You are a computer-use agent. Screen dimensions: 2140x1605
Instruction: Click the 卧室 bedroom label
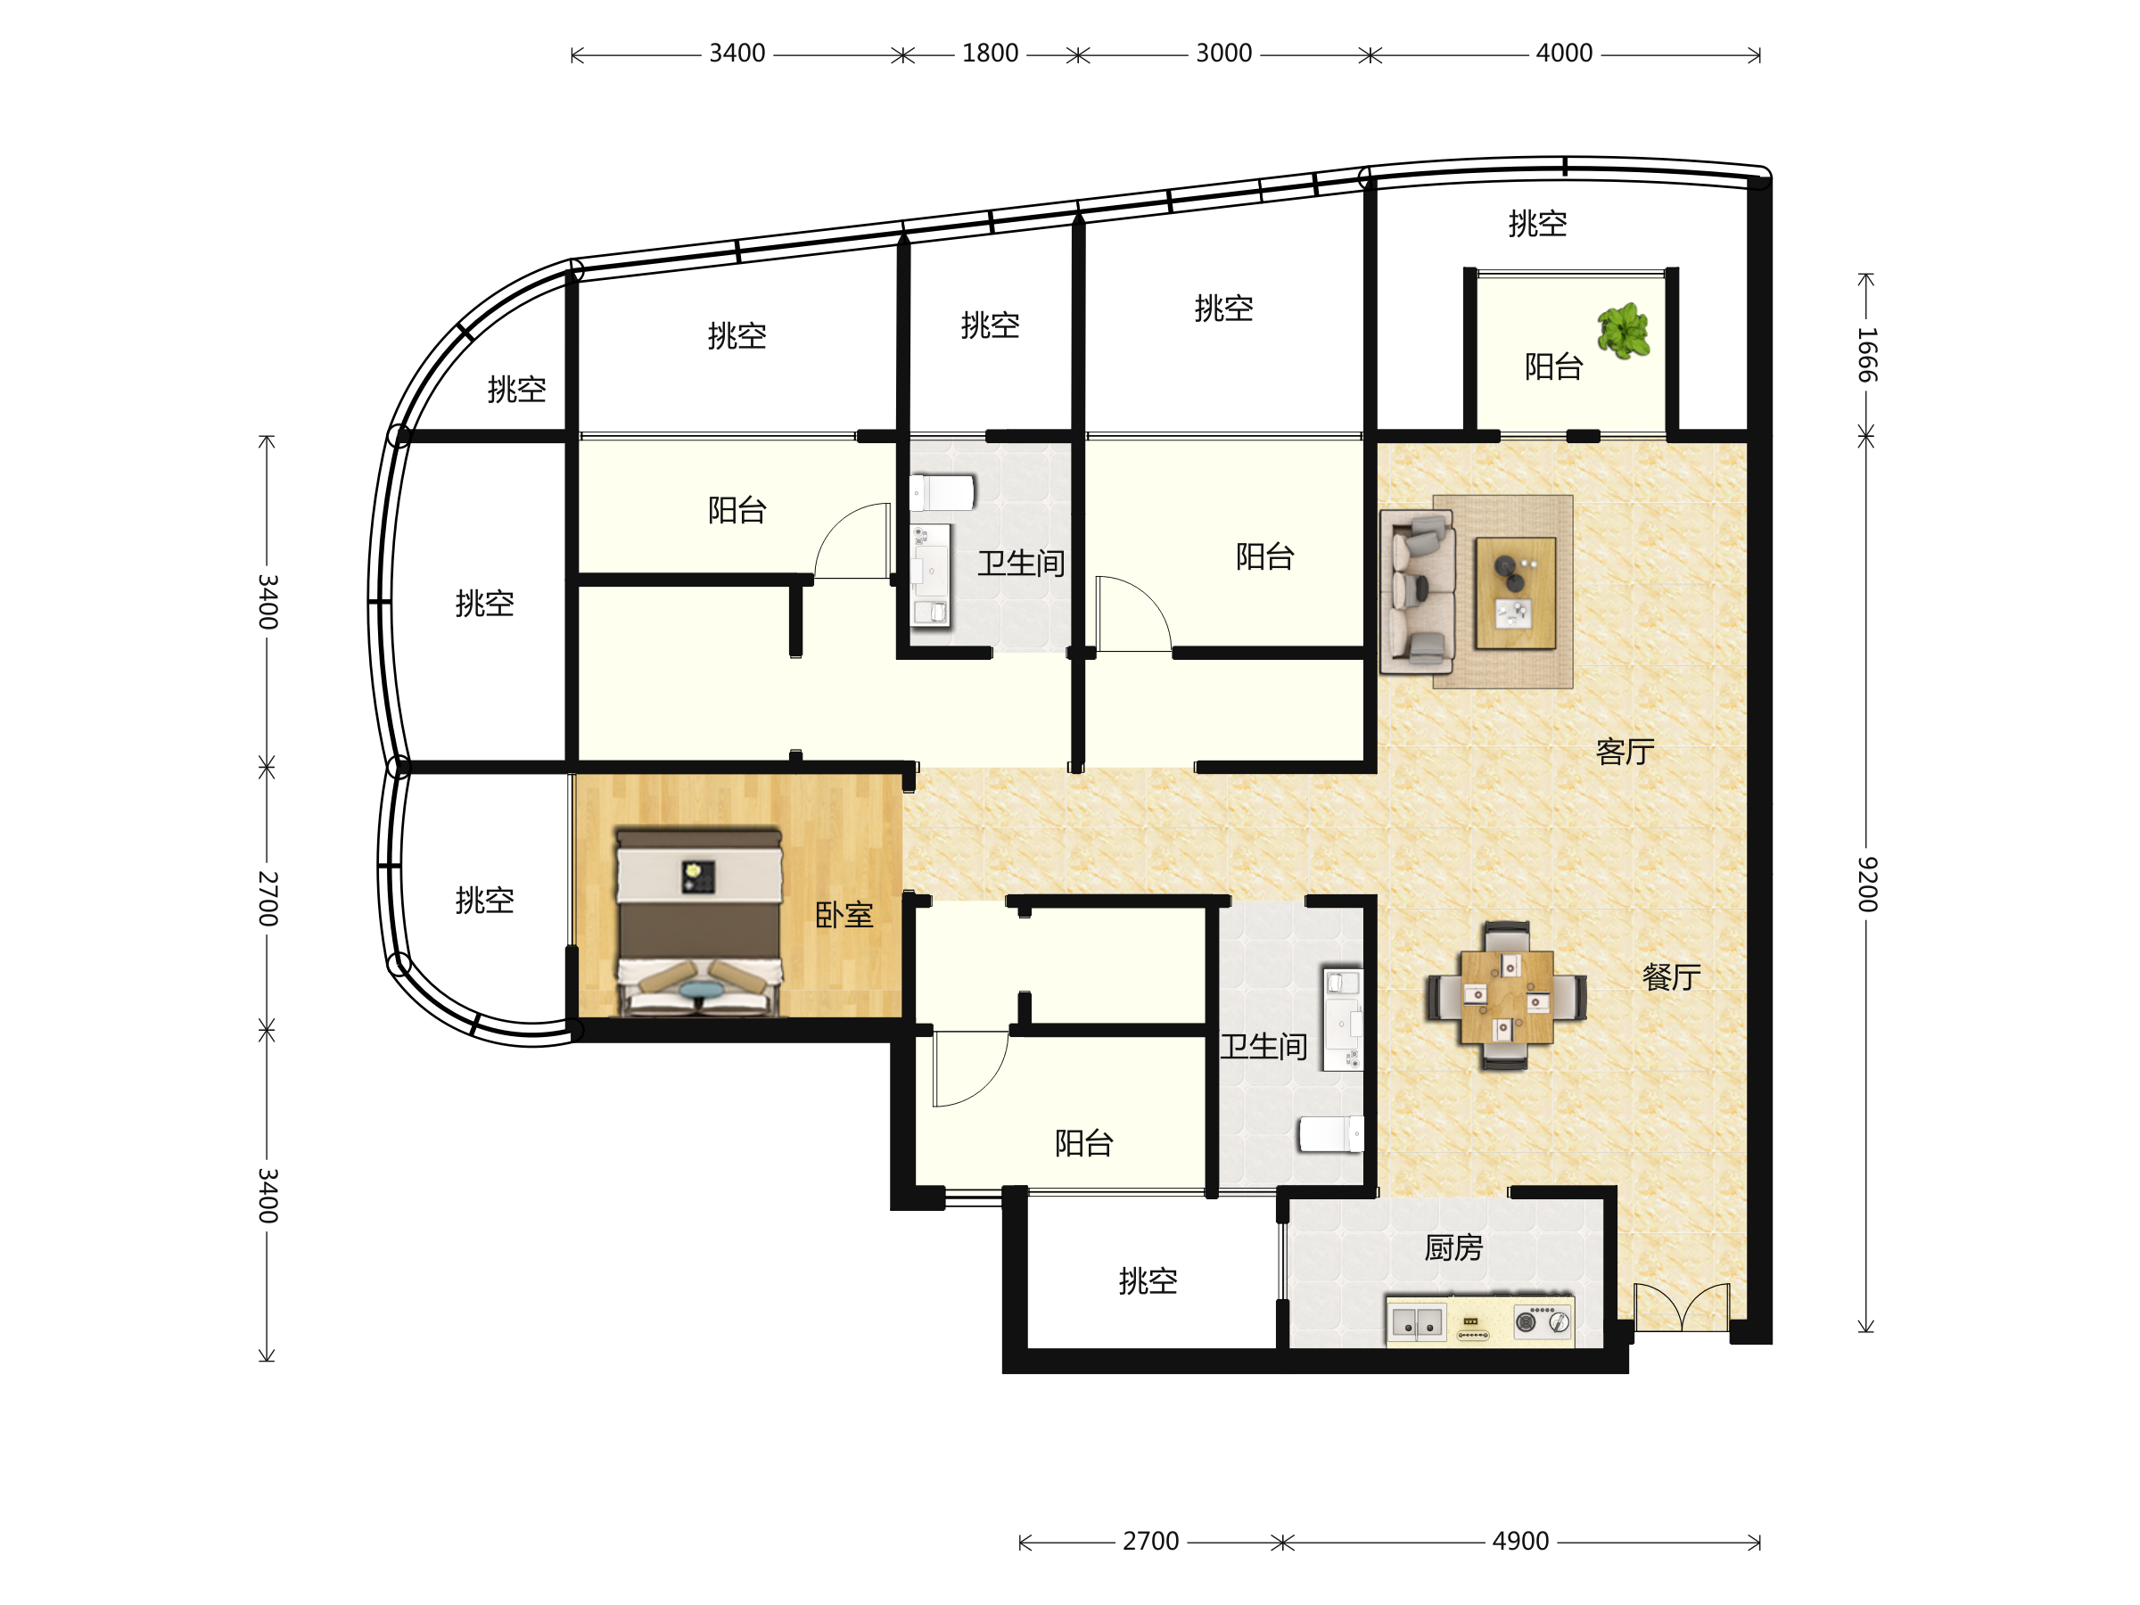844,914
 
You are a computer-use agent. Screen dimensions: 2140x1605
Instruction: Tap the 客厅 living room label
1625,751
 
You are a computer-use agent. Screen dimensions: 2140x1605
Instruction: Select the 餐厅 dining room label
1671,976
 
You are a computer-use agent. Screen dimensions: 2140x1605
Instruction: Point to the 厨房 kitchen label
1453,1247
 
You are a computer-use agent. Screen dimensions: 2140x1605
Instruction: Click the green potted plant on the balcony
1624,331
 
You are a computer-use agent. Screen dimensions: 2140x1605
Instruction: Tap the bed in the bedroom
698,921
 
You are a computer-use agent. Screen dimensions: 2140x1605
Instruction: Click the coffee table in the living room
1515,593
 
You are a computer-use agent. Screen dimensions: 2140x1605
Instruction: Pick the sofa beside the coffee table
1418,592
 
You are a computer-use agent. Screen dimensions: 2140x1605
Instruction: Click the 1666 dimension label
1866,355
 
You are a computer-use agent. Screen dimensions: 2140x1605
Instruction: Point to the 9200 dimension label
1866,884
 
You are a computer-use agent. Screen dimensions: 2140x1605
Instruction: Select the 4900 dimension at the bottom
1520,1541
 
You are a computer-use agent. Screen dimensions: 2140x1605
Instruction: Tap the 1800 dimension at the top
990,53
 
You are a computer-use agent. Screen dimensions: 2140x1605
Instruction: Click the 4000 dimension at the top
1564,53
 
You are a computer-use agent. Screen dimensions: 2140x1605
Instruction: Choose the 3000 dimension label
1224,53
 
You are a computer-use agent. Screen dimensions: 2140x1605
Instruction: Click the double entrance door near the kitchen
1682,1307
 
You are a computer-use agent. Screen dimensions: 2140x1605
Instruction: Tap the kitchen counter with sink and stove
1480,1321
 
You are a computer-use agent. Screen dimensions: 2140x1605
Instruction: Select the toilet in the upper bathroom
942,492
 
